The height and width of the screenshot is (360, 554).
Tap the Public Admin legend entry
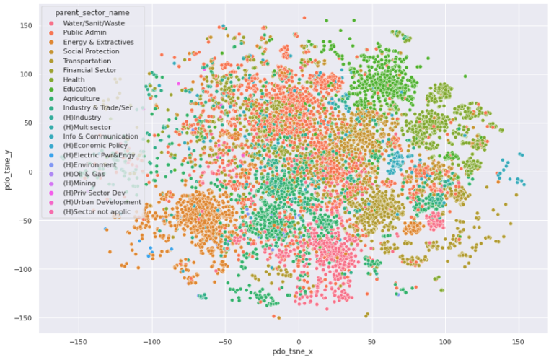pyautogui.click(x=84, y=32)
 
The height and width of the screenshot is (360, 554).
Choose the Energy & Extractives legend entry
pyautogui.click(x=97, y=42)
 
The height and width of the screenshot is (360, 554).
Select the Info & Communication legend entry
pyautogui.click(x=100, y=136)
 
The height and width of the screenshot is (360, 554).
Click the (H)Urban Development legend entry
pyautogui.click(x=102, y=202)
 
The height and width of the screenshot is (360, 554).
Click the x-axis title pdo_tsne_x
pyautogui.click(x=298, y=351)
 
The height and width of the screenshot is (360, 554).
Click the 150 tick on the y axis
pyautogui.click(x=26, y=25)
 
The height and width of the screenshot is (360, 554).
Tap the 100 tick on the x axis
pyautogui.click(x=445, y=340)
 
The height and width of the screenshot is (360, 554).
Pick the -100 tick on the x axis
pyautogui.click(x=151, y=340)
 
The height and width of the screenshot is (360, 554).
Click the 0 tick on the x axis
pyautogui.click(x=299, y=340)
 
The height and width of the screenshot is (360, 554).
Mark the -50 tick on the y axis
pyautogui.click(x=26, y=221)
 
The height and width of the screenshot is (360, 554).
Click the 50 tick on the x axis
pyautogui.click(x=371, y=340)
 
